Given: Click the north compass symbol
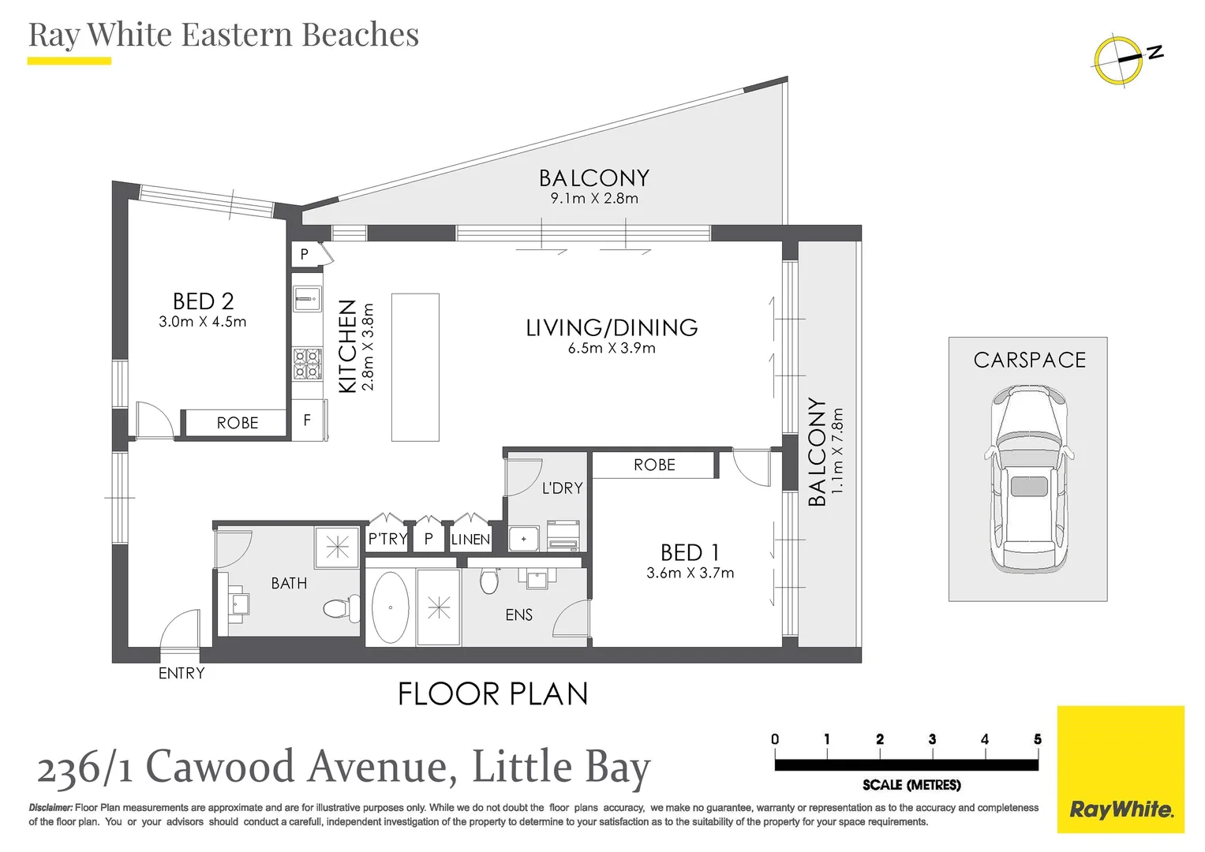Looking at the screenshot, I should tap(1119, 59).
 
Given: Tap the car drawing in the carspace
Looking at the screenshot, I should tap(1029, 480).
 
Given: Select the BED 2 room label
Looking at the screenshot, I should tap(203, 301).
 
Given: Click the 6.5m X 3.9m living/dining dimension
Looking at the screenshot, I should tap(612, 348).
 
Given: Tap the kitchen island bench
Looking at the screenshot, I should tap(415, 367).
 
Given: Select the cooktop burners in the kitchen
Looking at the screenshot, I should tap(307, 364).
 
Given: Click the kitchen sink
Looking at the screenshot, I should tap(306, 297).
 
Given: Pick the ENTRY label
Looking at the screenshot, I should tap(181, 673).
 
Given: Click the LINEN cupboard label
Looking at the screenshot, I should tap(470, 540).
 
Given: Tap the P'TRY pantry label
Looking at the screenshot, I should tap(387, 540).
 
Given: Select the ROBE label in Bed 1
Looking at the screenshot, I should tap(654, 465).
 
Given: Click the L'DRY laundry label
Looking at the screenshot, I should tap(562, 488).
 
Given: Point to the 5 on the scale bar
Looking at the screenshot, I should tap(1037, 739).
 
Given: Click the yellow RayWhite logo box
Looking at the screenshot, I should tap(1121, 769).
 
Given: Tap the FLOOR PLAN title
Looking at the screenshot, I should tap(493, 694).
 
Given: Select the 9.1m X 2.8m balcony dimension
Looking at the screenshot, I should tap(594, 198).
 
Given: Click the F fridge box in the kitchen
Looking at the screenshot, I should tap(307, 420).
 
